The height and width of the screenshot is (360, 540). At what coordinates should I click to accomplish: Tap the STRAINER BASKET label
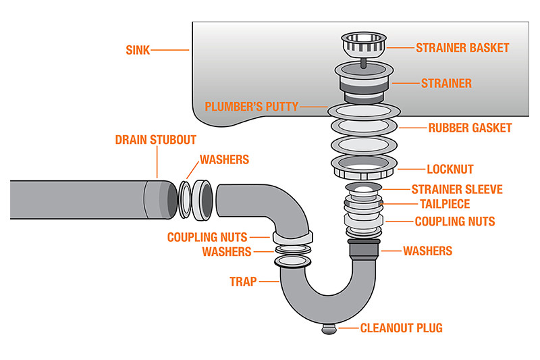[x=462, y=48]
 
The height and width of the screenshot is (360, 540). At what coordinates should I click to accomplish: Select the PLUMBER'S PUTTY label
[x=252, y=106]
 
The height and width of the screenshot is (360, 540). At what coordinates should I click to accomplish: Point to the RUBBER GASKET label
[x=470, y=128]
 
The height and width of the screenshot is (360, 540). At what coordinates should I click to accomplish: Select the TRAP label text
[x=243, y=282]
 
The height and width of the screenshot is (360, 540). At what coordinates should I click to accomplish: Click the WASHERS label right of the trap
[x=427, y=251]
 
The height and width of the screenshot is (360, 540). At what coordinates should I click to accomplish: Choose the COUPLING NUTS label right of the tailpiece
[x=454, y=221]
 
